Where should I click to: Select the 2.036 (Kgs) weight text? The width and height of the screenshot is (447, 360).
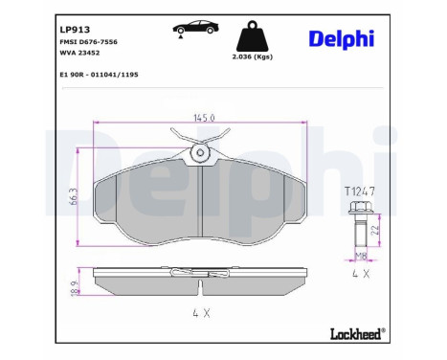click(254, 58)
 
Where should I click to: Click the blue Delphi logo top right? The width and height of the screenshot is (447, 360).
click(341, 37)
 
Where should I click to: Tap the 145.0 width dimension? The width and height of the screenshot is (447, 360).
click(202, 118)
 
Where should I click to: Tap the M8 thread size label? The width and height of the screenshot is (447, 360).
click(361, 255)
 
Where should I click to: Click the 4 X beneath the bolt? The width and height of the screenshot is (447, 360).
click(360, 273)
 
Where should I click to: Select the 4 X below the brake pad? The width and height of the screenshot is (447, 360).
click(202, 313)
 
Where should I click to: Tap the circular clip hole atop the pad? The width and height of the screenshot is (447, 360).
click(200, 152)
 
